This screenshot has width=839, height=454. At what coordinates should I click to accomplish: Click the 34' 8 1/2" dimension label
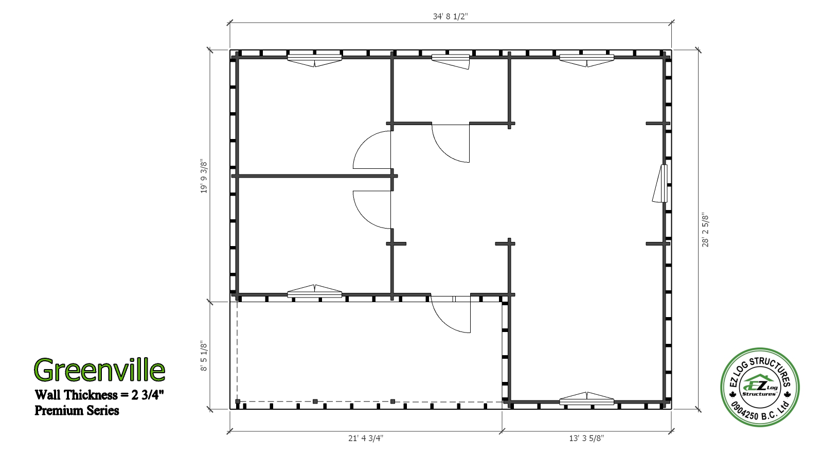[450, 16]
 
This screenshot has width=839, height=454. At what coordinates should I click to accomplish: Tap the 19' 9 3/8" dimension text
[204, 177]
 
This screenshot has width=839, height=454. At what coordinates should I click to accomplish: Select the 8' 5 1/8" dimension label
[204, 356]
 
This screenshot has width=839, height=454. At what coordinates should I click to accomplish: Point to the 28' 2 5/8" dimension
[705, 230]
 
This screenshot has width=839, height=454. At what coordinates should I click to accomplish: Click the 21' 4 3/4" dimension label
[366, 438]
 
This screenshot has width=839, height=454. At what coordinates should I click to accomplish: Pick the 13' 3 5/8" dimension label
[586, 438]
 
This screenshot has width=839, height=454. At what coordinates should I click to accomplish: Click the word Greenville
[100, 370]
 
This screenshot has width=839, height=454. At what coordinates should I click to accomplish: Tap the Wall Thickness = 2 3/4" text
[99, 395]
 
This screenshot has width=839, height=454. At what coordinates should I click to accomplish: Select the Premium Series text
[77, 411]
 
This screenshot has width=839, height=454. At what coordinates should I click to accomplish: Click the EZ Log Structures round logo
[760, 387]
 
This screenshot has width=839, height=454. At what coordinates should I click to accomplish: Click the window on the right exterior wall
[661, 184]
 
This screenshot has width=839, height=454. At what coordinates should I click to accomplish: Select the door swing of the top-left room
[372, 150]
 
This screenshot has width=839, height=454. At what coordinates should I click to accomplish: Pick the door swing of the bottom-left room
[372, 209]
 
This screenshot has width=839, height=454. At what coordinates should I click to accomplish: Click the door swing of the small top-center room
[451, 143]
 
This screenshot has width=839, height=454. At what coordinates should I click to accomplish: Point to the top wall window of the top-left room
[315, 60]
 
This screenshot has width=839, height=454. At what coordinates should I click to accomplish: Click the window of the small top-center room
[451, 61]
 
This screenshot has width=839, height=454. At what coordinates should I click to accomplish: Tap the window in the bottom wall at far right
[586, 398]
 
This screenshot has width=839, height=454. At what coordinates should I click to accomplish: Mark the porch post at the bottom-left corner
[238, 401]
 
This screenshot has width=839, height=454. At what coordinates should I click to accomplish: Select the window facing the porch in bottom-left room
[315, 291]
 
